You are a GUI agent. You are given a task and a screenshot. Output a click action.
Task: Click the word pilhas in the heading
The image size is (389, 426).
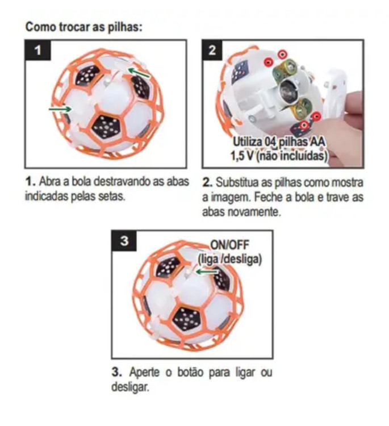pyautogui.click(x=126, y=27)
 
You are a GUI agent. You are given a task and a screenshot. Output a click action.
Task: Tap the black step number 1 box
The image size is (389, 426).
pyautogui.click(x=37, y=50)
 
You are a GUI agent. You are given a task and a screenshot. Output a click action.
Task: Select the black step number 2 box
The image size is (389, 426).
pyautogui.click(x=212, y=50)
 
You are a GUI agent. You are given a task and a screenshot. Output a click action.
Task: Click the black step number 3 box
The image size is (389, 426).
pyautogui.click(x=124, y=240)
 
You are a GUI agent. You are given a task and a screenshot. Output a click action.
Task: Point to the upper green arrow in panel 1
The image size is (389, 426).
pyautogui.click(x=139, y=73)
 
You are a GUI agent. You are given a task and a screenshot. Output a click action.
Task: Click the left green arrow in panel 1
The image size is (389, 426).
pyautogui.click(x=60, y=109)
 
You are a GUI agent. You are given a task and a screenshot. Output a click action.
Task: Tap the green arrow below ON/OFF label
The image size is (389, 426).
pyautogui.click(x=207, y=272)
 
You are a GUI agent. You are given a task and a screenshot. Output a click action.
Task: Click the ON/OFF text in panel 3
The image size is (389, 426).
pyautogui.click(x=230, y=245)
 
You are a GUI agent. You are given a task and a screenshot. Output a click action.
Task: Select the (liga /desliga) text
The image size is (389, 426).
pyautogui.click(x=230, y=259)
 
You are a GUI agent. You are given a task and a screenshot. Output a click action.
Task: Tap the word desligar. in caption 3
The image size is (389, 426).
pyautogui.click(x=131, y=387)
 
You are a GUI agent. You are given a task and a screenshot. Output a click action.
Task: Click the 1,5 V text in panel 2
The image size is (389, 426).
pyautogui.click(x=242, y=156)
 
